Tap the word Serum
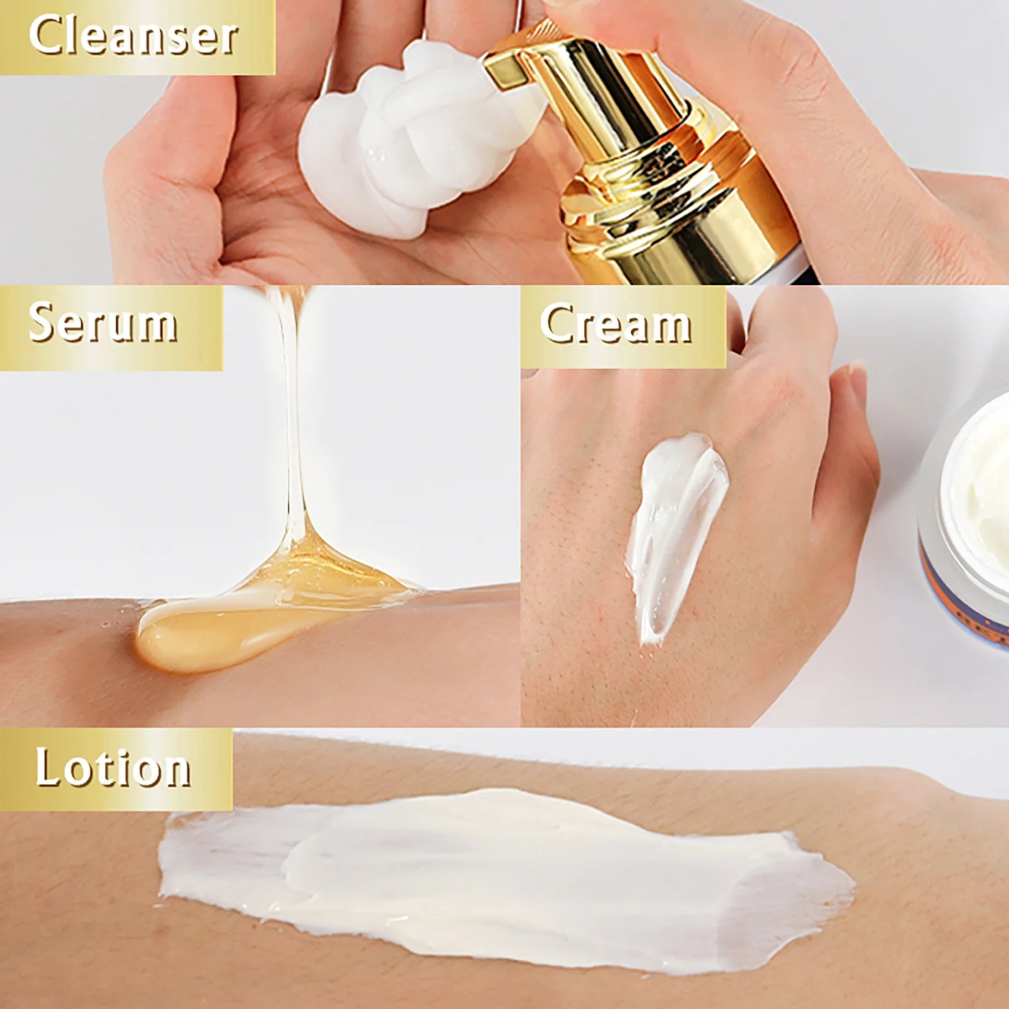click(103, 323)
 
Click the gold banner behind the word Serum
click(111, 328)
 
